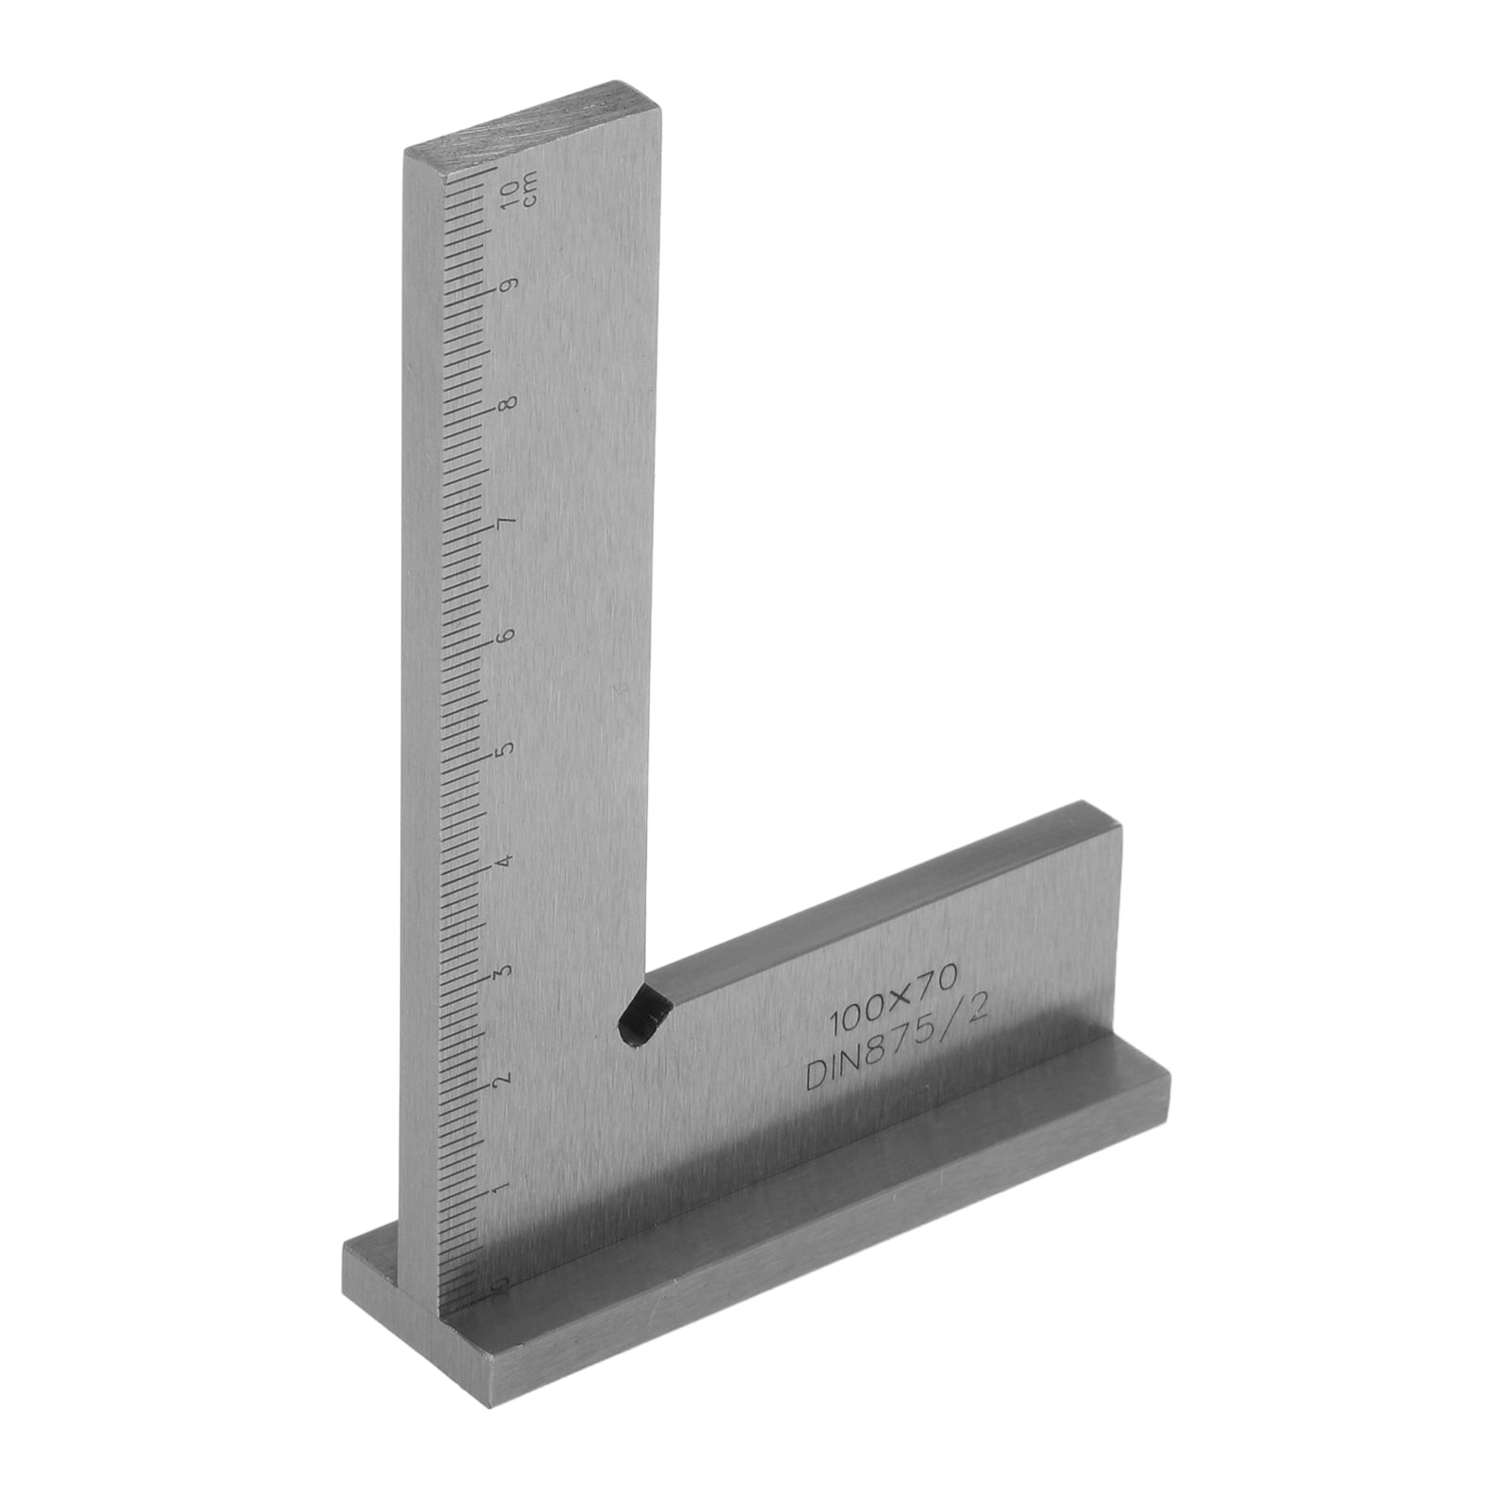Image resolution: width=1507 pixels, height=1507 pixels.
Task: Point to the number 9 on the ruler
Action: pyautogui.click(x=510, y=285)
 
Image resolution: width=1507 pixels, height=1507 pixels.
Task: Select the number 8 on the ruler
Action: pyautogui.click(x=510, y=404)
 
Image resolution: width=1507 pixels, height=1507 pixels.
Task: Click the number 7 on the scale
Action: pyautogui.click(x=510, y=522)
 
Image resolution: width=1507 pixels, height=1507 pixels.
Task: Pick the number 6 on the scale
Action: pyautogui.click(x=510, y=636)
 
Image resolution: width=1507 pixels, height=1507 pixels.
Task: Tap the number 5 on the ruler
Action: pyautogui.click(x=510, y=750)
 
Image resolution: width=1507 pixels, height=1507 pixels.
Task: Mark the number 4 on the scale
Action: pyautogui.click(x=509, y=861)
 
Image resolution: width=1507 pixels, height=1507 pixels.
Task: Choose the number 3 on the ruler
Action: pyautogui.click(x=509, y=971)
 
